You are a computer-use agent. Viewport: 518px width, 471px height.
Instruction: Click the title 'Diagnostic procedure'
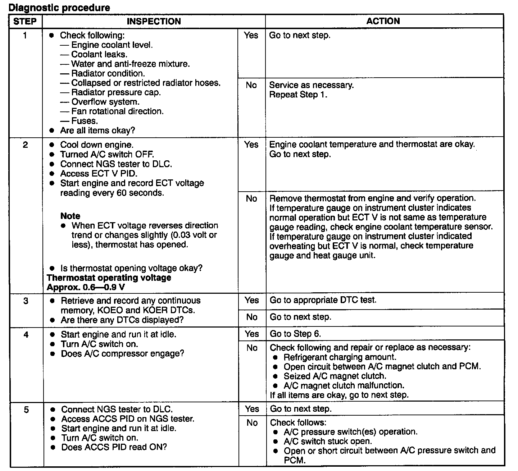pyautogui.click(x=59, y=8)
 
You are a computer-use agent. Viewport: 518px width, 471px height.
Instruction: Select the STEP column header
pyautogui.click(x=25, y=21)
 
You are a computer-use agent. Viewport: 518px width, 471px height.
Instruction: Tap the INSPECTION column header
pyautogui.click(x=154, y=21)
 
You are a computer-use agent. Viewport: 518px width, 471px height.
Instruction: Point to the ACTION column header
pyautogui.click(x=383, y=21)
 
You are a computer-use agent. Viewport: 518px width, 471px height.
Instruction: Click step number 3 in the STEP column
pyautogui.click(x=26, y=301)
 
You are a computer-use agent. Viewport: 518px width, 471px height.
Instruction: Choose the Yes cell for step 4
pyautogui.click(x=251, y=334)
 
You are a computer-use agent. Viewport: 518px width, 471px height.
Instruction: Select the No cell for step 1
pyautogui.click(x=251, y=85)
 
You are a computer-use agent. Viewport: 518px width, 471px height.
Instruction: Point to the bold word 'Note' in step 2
pyautogui.click(x=70, y=216)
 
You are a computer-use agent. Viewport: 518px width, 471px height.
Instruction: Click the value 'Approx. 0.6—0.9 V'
pyautogui.click(x=86, y=287)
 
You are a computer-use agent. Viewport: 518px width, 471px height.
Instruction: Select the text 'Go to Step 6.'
pyautogui.click(x=295, y=334)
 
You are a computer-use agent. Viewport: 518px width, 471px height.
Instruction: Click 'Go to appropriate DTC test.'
pyautogui.click(x=323, y=300)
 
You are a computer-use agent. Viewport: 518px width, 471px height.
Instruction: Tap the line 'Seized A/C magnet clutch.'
pyautogui.click(x=335, y=376)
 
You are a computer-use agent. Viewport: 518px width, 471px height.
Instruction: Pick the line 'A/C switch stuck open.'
pyautogui.click(x=328, y=441)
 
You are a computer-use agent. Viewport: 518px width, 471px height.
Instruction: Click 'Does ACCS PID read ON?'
pyautogui.click(x=114, y=447)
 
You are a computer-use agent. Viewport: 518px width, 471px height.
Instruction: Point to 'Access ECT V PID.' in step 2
pyautogui.click(x=99, y=174)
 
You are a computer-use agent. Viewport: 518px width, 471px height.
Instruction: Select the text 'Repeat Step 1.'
pyautogui.click(x=298, y=95)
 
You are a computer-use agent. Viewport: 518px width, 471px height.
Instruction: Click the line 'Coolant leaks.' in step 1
pyautogui.click(x=99, y=55)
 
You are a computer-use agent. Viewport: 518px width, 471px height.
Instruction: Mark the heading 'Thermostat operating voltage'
pyautogui.click(x=109, y=278)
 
